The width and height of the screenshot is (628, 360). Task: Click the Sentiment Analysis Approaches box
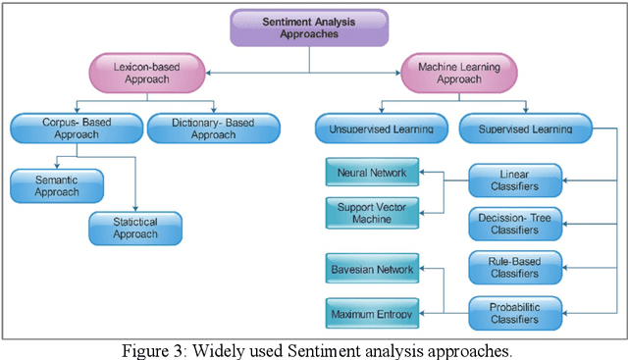(x=310, y=26)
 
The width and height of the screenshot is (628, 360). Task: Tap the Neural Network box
(x=372, y=172)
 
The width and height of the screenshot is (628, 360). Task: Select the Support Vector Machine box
(x=372, y=212)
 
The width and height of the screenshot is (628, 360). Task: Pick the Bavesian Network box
(x=372, y=268)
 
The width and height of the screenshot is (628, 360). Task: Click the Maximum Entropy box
(x=372, y=314)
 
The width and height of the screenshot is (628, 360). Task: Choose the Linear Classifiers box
(x=516, y=180)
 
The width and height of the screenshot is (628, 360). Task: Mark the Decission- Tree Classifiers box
(x=516, y=223)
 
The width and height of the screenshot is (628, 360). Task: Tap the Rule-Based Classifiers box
(x=516, y=267)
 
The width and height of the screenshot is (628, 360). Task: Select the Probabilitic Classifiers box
(x=516, y=313)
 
